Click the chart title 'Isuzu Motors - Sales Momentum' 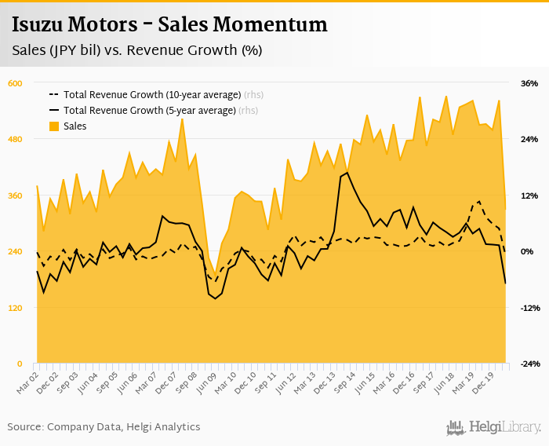169,24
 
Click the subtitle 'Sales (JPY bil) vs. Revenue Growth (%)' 136,50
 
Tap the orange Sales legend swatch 54,126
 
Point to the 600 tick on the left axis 16,83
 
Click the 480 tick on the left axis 16,139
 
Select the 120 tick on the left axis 16,308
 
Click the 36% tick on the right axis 529,83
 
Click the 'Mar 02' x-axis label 27,382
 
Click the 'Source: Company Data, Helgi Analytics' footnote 104,426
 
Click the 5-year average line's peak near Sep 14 347,173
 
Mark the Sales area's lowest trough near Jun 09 215,276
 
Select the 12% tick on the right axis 529,196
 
